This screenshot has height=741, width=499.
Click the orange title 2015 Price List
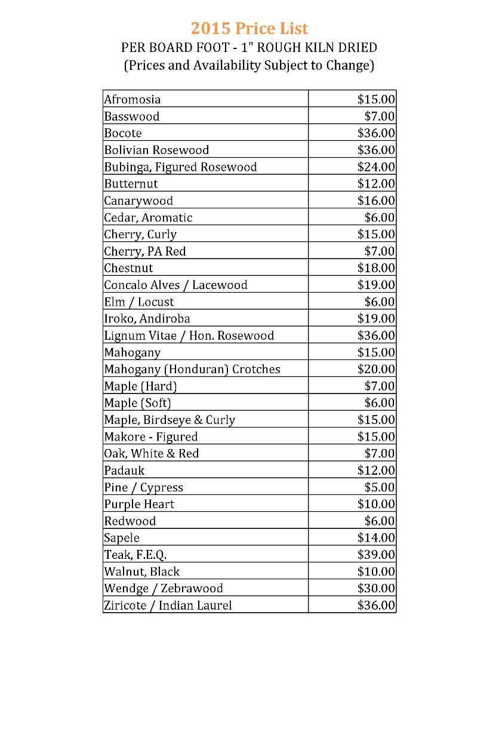(x=249, y=28)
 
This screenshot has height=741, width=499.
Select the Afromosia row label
(x=132, y=99)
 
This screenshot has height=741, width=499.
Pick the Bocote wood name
(x=123, y=133)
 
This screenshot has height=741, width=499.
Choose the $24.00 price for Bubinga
(x=376, y=167)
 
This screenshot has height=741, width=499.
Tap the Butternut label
(x=131, y=183)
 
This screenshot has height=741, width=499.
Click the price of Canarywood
(x=376, y=201)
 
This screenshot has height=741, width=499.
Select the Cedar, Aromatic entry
(x=148, y=217)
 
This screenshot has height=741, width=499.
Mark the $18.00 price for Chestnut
(x=376, y=268)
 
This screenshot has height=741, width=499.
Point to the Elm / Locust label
(x=139, y=302)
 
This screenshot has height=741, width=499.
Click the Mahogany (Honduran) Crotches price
(x=376, y=369)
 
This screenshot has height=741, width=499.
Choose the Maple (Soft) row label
(x=137, y=403)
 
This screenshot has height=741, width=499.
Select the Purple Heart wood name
(x=139, y=504)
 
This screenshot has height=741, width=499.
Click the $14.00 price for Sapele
(x=376, y=538)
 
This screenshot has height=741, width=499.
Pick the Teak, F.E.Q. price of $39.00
(x=376, y=555)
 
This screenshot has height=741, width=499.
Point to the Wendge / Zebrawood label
(x=164, y=588)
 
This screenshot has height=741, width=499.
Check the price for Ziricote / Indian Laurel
(x=376, y=605)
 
